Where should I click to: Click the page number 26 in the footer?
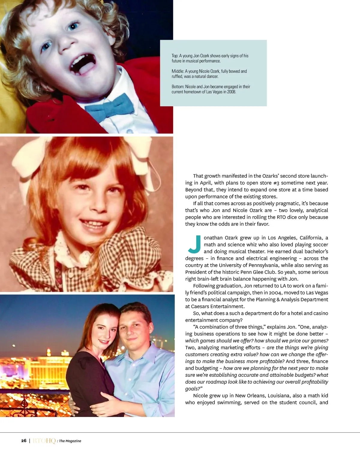coord(24,441)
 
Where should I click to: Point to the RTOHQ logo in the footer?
coord(44,441)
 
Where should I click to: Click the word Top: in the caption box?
coord(175,56)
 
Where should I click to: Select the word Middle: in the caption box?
coord(178,71)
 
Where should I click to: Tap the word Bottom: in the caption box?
coord(178,87)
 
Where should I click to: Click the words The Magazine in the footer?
coord(70,441)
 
